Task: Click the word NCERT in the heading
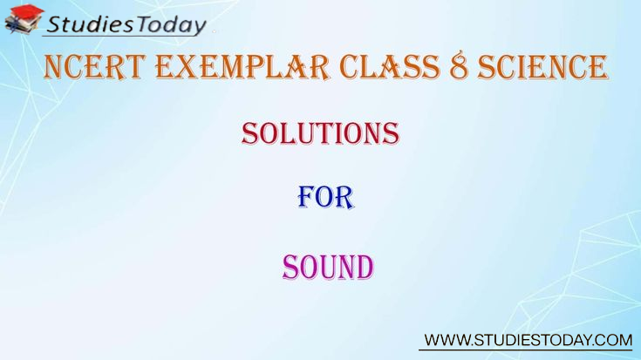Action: (x=94, y=66)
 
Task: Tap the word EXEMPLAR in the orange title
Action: (x=242, y=66)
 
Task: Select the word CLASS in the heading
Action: (x=390, y=66)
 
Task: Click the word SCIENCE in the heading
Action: (x=542, y=66)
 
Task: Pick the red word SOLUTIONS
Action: (x=320, y=133)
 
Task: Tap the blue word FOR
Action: (x=325, y=197)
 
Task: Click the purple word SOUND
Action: (x=328, y=267)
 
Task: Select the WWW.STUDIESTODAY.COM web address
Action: (x=528, y=340)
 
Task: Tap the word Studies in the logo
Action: (x=90, y=24)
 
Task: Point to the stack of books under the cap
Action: (x=21, y=25)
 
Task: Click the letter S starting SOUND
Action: (x=290, y=267)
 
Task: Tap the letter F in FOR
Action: (x=306, y=197)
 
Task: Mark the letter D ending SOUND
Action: (x=365, y=267)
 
